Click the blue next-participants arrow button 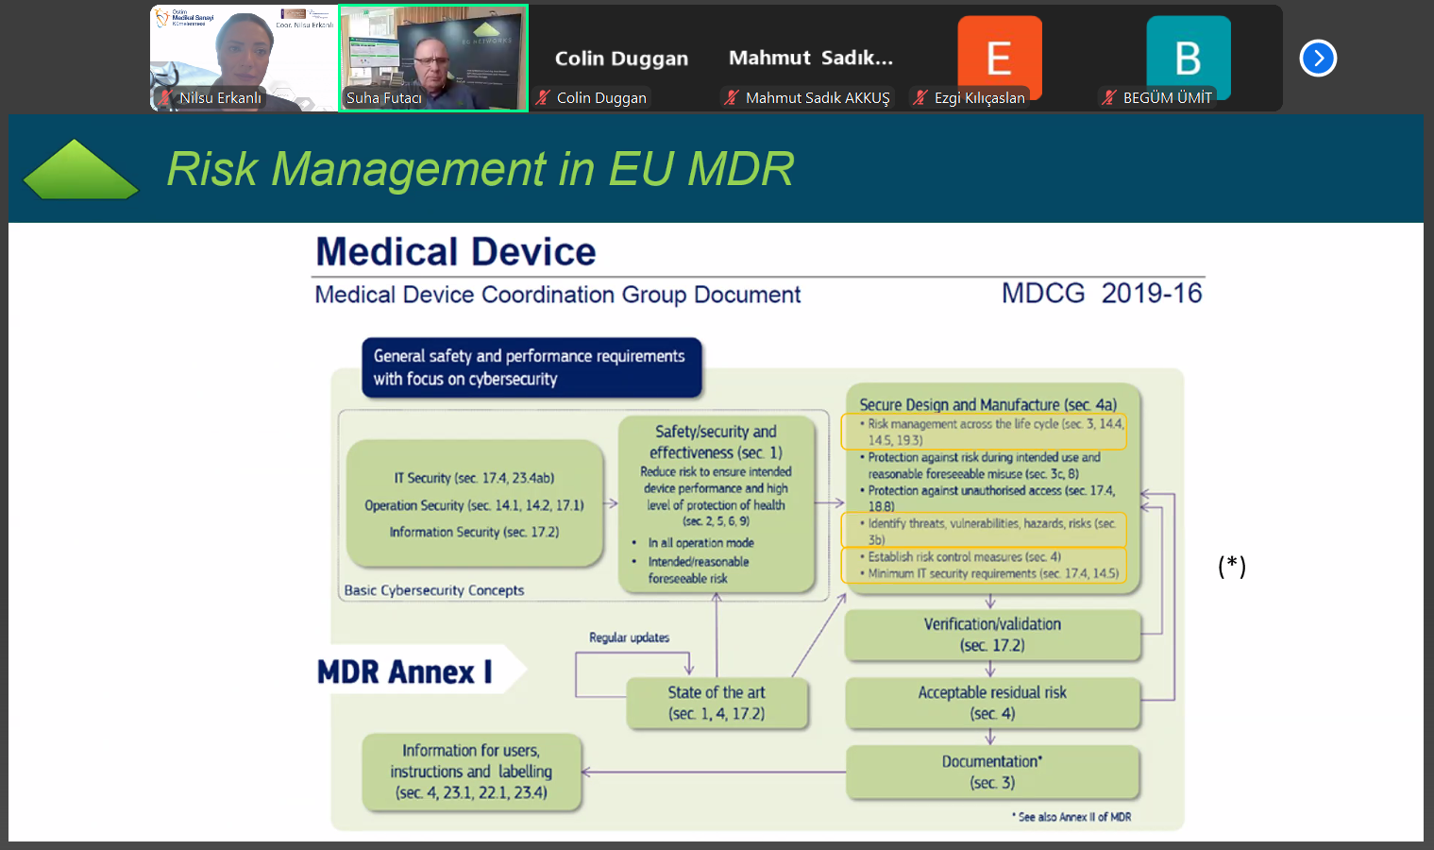click(1318, 59)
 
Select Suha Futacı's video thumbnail click(433, 58)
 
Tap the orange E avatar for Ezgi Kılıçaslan click(999, 57)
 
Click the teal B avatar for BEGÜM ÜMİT click(1188, 57)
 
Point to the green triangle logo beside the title click(80, 170)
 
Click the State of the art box click(717, 704)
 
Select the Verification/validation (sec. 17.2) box click(992, 635)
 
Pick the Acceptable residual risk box click(992, 703)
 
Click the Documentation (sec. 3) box click(992, 772)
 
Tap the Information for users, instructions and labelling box click(471, 772)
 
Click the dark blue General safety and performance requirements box click(531, 367)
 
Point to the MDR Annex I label click(405, 671)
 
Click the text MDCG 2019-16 click(1101, 294)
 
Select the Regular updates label click(629, 637)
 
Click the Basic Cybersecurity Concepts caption click(434, 590)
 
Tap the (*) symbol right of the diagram click(1231, 566)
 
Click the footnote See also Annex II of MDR click(1073, 817)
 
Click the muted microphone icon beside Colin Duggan click(543, 97)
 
